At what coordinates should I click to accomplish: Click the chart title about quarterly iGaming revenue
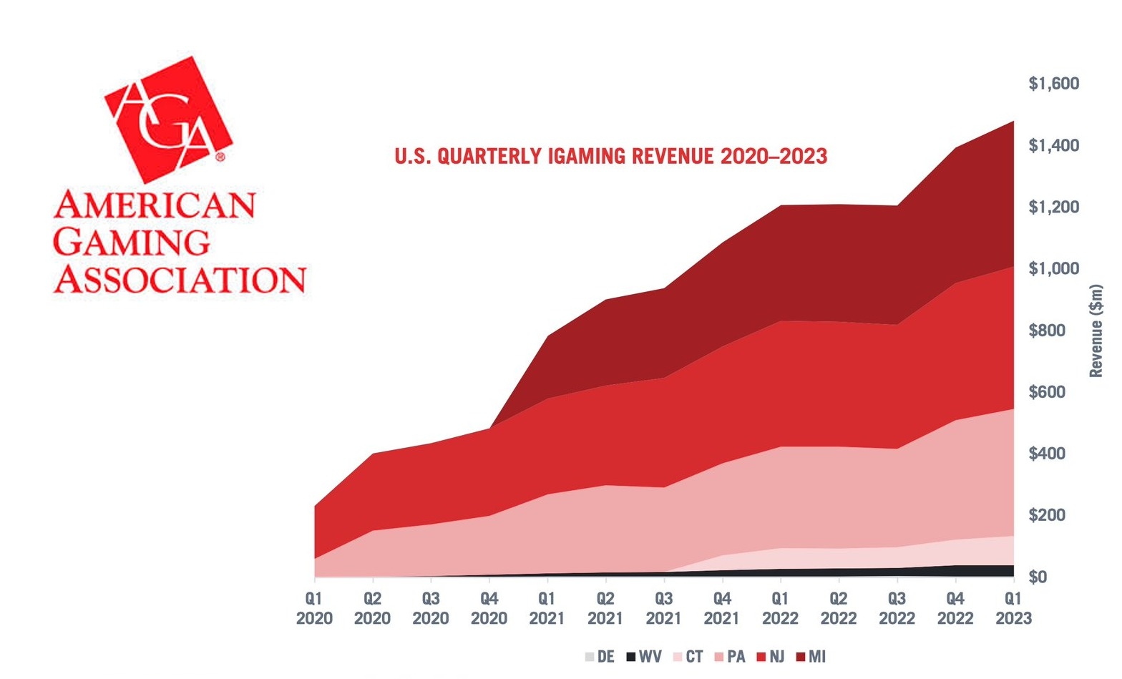610,156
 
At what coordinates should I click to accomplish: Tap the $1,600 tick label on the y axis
1053,84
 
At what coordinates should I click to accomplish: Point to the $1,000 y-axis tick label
1053,268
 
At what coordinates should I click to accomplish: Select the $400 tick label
1053,454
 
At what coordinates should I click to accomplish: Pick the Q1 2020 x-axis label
314,608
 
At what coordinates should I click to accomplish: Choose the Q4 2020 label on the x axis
489,608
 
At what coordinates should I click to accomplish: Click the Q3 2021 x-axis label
664,608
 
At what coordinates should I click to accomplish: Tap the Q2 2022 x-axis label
839,608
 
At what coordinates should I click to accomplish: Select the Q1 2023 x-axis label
1014,608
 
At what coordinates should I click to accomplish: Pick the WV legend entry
643,657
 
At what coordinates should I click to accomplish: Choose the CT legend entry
688,657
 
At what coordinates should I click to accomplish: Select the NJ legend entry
771,657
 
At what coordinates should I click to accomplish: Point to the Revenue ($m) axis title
1096,331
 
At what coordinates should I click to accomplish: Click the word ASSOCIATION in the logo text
180,278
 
